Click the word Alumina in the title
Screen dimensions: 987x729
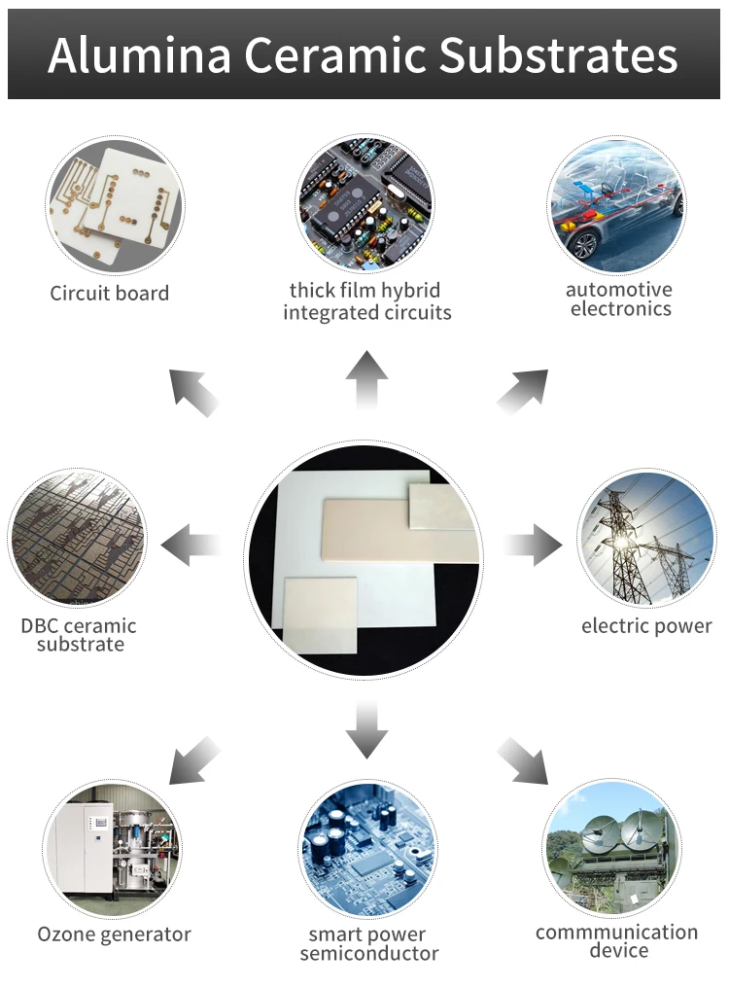pyautogui.click(x=139, y=55)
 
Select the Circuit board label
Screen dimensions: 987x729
pyautogui.click(x=110, y=294)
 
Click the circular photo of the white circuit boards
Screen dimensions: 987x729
pyautogui.click(x=115, y=206)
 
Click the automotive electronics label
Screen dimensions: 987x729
pyautogui.click(x=620, y=300)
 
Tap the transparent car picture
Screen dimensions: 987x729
pyautogui.click(x=616, y=204)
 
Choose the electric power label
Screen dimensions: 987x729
pyautogui.click(x=646, y=625)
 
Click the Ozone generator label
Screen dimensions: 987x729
pyautogui.click(x=114, y=934)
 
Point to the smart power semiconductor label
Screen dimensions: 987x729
pyautogui.click(x=368, y=944)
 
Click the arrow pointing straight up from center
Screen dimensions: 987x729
pyautogui.click(x=366, y=380)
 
